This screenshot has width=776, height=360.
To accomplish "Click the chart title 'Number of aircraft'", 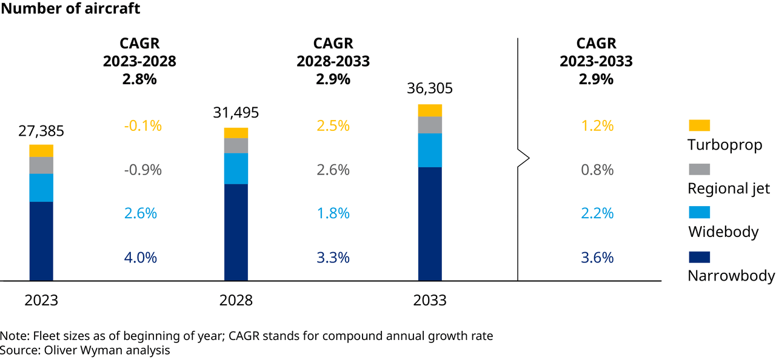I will [x=70, y=8].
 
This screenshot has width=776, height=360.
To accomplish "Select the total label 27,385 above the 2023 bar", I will [x=41, y=132].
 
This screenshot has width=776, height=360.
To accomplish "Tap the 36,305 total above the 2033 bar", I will [x=430, y=89].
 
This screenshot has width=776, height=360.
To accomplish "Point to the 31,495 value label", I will [x=236, y=113].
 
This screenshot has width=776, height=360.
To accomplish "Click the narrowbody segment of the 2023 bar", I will [x=41, y=241].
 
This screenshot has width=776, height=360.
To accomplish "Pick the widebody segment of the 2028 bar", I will [x=236, y=168].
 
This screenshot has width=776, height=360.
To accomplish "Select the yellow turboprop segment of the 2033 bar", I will [x=430, y=110].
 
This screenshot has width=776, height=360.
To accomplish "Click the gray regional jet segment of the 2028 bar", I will [x=236, y=145].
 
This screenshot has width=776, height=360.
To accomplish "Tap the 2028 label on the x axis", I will [x=236, y=301].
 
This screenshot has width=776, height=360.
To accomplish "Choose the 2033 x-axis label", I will [x=430, y=301].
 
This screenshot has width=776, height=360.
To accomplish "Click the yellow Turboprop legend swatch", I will [x=699, y=125].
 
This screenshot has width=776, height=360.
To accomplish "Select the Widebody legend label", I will [x=723, y=232].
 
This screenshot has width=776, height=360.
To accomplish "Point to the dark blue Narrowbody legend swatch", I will [x=699, y=256].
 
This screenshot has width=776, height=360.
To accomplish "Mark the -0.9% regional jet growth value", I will [x=143, y=170].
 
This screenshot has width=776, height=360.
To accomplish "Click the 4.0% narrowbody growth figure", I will [x=140, y=257].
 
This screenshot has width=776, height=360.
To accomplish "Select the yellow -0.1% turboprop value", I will [x=143, y=126].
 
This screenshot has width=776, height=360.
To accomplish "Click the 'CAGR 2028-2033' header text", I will [x=333, y=53].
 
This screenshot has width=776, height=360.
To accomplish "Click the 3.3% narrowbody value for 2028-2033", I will [x=333, y=257].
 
